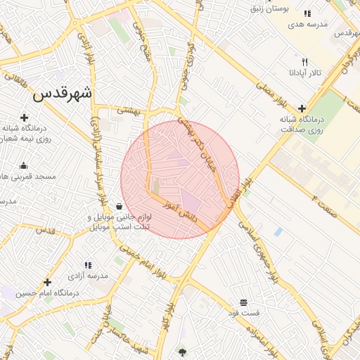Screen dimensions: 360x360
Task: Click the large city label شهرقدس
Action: [64, 93]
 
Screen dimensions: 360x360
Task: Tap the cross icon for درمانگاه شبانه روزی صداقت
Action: [302, 108]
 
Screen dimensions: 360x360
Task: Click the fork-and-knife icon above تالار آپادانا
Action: [304, 62]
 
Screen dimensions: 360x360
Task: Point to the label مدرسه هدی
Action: [308, 25]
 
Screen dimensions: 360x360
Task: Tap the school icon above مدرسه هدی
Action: [307, 13]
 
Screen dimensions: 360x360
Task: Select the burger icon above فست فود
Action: [243, 302]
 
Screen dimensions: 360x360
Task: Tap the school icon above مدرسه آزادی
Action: [88, 265]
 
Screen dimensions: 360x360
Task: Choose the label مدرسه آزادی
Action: [92, 276]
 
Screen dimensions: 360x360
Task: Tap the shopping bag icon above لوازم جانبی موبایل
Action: [118, 207]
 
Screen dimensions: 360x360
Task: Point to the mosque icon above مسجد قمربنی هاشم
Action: [24, 165]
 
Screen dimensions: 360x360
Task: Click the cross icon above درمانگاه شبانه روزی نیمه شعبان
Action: [25, 117]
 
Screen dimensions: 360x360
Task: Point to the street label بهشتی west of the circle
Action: [129, 110]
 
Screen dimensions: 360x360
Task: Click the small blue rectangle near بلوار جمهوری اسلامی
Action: [278, 231]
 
